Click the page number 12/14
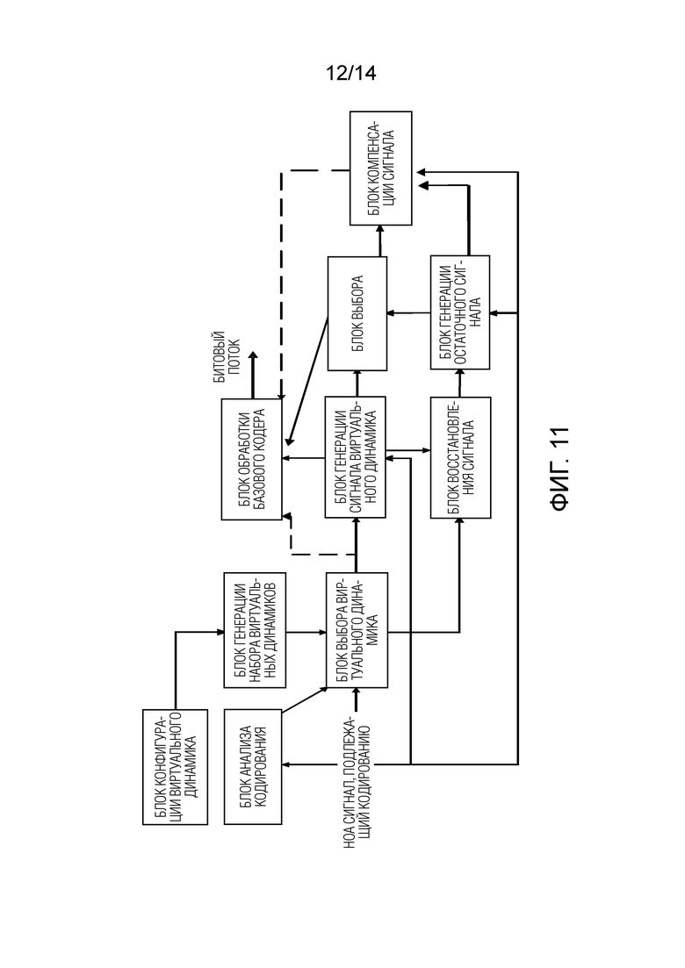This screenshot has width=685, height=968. pyautogui.click(x=350, y=74)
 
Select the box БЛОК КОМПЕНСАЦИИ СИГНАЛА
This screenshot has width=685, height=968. pyautogui.click(x=380, y=168)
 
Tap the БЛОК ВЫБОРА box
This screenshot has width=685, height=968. pyautogui.click(x=357, y=313)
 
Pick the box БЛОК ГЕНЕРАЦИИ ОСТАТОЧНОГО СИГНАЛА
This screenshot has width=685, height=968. pyautogui.click(x=460, y=312)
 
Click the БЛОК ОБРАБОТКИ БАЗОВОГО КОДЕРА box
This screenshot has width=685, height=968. pyautogui.click(x=251, y=459)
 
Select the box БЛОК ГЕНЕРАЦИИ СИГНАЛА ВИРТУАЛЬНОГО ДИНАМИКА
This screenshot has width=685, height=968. pyautogui.click(x=355, y=457)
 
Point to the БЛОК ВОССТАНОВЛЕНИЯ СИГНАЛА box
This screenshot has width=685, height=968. pyautogui.click(x=461, y=457)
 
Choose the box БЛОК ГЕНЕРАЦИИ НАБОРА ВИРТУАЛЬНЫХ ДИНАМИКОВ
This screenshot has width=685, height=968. pyautogui.click(x=255, y=630)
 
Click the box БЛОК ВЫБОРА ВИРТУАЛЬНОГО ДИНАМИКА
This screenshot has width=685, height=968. pyautogui.click(x=357, y=630)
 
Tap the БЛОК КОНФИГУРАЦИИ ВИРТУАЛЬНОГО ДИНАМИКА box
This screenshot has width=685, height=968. pyautogui.click(x=175, y=767)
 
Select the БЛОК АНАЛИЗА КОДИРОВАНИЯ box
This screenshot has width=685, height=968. pyautogui.click(x=253, y=766)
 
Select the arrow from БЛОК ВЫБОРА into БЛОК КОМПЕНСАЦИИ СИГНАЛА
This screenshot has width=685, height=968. pyautogui.click(x=380, y=240)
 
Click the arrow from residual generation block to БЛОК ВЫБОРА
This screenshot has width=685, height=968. pyautogui.click(x=409, y=313)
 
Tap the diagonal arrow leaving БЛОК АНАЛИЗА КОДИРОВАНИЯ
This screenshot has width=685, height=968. pyautogui.click(x=305, y=700)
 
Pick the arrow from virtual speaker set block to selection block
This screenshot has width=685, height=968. pyautogui.click(x=306, y=632)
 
